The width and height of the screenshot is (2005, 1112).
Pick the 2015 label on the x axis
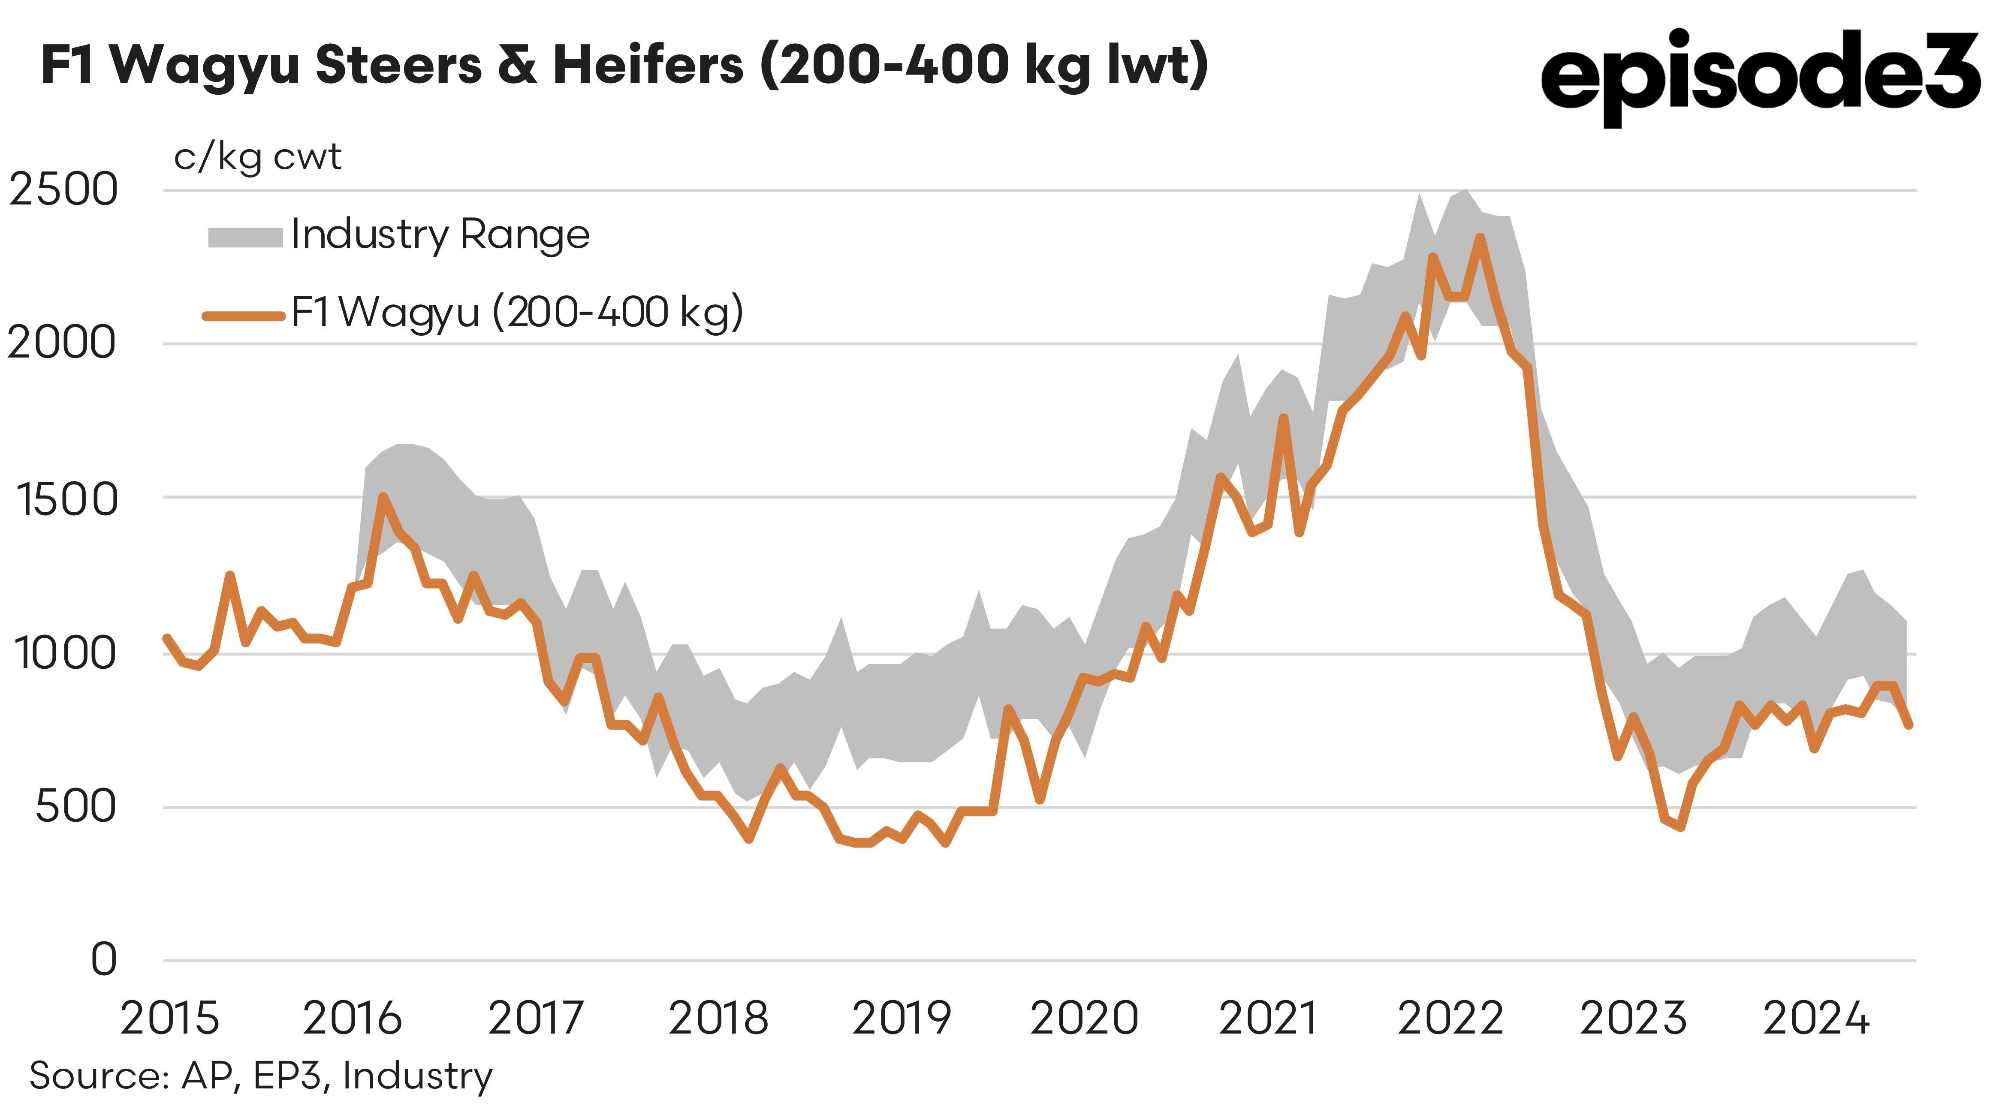pyautogui.click(x=170, y=1018)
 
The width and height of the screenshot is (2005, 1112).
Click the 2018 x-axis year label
pyautogui.click(x=718, y=1018)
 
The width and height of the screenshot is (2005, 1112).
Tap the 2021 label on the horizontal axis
pyautogui.click(x=1268, y=1018)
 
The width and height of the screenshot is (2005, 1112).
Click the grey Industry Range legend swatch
pyautogui.click(x=245, y=237)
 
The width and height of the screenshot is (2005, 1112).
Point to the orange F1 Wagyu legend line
pyautogui.click(x=244, y=315)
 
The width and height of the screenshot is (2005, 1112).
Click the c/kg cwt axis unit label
pyautogui.click(x=257, y=158)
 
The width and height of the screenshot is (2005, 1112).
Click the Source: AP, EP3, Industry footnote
pyautogui.click(x=261, y=1076)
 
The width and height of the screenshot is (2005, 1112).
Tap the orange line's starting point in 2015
pyautogui.click(x=166, y=638)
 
